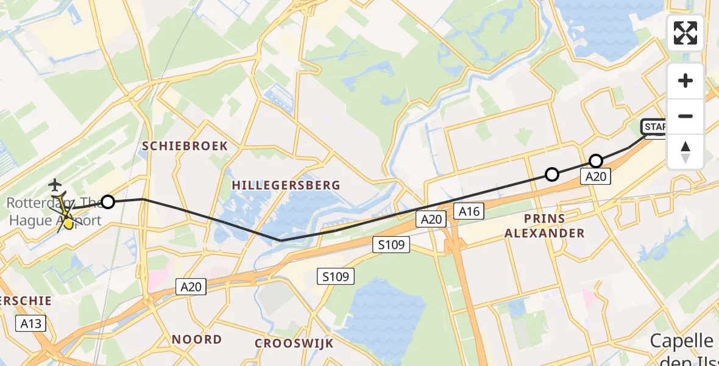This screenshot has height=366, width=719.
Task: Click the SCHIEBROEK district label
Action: coord(185,146)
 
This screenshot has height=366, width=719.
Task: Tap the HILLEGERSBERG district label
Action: coord(286,185)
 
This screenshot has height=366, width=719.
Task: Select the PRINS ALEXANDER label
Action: coord(553,225)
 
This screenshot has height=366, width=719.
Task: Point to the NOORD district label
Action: coord(196,339)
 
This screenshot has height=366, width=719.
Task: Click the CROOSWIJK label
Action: coord(294,343)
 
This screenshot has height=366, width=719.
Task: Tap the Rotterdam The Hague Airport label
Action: coord(55,211)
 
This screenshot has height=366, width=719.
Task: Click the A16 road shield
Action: coord(469,211)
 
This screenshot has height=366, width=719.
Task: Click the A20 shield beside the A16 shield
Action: coord(430,218)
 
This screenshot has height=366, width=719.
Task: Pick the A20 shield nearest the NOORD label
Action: coord(191,285)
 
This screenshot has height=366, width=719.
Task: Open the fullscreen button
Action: coord(685,33)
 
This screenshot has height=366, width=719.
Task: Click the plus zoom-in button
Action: coord(685,81)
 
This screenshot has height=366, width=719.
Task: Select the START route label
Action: coord(655,127)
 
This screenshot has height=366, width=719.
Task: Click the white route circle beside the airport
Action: coord(107,201)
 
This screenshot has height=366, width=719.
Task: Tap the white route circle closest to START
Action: coord(596,161)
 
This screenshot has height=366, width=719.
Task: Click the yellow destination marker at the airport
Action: coord(68,223)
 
